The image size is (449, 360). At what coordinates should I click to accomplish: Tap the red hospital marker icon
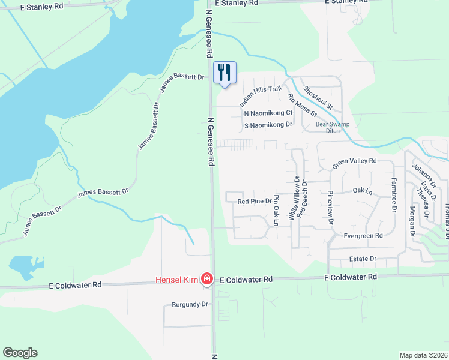tap(206, 278)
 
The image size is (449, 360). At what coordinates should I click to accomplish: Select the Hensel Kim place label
tap(177, 279)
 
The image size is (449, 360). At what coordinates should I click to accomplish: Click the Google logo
tap(20, 353)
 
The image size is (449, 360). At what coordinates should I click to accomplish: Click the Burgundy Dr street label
tap(188, 304)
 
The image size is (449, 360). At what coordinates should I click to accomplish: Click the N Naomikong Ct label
tap(268, 113)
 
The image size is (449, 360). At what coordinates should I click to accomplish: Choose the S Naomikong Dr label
tap(268, 125)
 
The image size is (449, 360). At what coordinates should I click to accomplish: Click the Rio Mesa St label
tap(302, 105)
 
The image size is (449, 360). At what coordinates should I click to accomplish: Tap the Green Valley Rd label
tap(354, 161)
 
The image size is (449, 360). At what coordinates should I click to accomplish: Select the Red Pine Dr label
tap(254, 202)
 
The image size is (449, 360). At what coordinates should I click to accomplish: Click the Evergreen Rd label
tap(363, 236)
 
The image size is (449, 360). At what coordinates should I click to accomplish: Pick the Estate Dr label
tap(363, 259)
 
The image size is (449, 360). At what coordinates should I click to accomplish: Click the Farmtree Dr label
tap(394, 194)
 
